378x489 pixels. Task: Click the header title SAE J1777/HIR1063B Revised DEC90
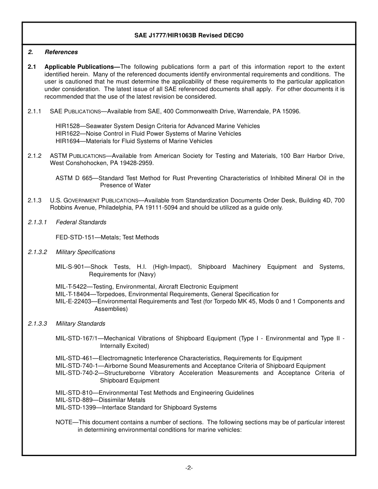pos(189,35)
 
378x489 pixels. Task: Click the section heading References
pos(61,52)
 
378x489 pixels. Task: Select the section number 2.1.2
pos(35,156)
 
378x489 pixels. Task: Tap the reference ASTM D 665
pos(74,178)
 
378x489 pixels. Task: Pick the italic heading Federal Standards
pos(81,222)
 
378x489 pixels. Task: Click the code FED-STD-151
pos(75,237)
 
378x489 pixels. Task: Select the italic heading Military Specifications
pos(85,252)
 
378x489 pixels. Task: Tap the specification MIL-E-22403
pos(73,301)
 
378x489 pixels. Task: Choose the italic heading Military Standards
pos(80,324)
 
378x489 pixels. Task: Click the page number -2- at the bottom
pos(189,468)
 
